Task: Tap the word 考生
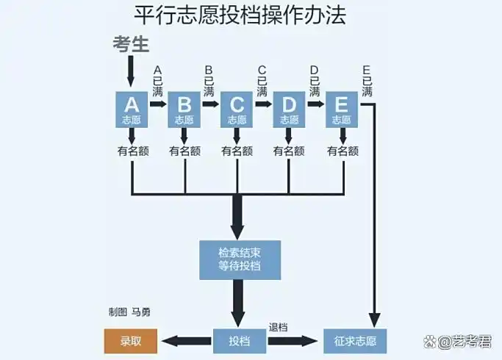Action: coord(132,44)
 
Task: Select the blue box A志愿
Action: coord(132,109)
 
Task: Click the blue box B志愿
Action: coord(184,109)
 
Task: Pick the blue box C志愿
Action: coord(237,109)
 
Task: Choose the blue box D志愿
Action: coord(289,109)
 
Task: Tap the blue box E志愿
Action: coord(341,109)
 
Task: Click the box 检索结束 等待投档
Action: coord(240,259)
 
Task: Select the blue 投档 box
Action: coord(240,341)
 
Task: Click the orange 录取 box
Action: coord(130,341)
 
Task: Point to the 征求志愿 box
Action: coord(355,341)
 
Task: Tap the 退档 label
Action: coord(278,327)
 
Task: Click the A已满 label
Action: coord(158,81)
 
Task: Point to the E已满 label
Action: coord(367,81)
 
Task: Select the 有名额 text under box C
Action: coord(237,151)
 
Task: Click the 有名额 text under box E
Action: coord(342,151)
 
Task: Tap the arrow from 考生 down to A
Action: coord(132,71)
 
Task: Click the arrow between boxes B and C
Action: coord(210,104)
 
